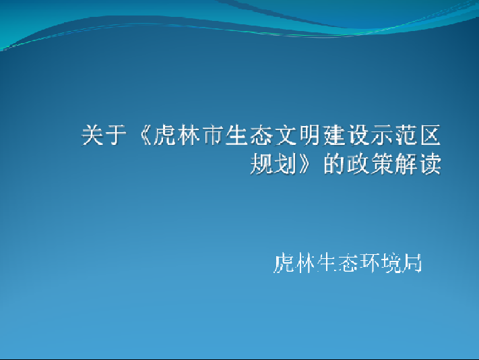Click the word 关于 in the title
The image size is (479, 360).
coord(104,135)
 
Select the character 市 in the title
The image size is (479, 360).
coord(213,135)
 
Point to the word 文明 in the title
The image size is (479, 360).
coord(298,135)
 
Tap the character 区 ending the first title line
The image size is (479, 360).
coord(430,135)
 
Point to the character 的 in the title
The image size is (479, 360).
coord(334,164)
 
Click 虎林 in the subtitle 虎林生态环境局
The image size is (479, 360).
coord(294,263)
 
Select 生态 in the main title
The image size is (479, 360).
coord(249,135)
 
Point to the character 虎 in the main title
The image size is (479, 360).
coord(164,135)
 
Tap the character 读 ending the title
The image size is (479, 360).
coord(430,164)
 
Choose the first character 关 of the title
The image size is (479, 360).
coord(92,135)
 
